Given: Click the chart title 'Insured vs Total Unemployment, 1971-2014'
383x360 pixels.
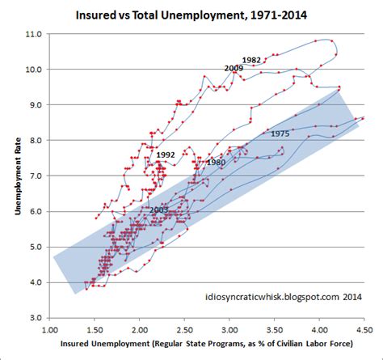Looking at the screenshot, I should pos(191,15).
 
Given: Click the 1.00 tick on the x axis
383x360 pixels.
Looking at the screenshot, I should pos(50,330).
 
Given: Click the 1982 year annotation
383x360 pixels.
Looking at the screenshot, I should pos(251,61).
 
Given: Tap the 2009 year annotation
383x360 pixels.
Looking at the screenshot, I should pos(234,68).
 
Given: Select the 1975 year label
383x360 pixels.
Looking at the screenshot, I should pos(280,133).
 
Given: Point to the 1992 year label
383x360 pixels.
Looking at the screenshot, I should pos(166,154).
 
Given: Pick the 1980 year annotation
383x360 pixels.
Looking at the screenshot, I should pos(216,163).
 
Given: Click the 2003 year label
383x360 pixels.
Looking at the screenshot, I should pos(159,210).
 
